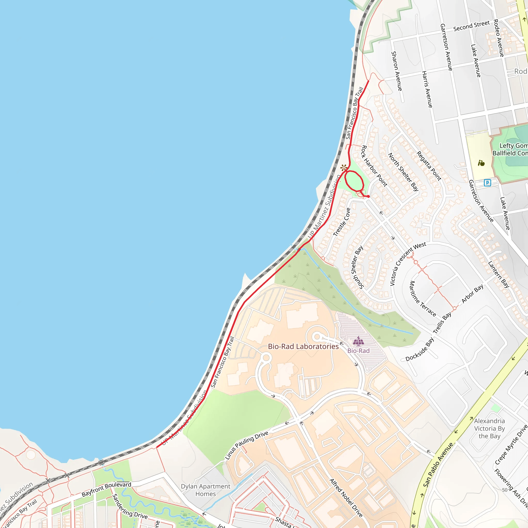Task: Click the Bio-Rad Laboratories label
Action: pos(303,346)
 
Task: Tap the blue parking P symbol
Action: pos(487,183)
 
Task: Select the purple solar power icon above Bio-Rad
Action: pos(358,341)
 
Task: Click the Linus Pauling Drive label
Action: pos(246,446)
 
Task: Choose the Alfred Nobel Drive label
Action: pos(346,498)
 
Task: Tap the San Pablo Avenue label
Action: pos(438,465)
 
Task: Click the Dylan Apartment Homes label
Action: pos(205,490)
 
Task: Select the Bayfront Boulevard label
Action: pos(106,489)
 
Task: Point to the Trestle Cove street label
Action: pos(342,222)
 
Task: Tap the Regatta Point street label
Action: pos(429,166)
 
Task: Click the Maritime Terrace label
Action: pos(423,299)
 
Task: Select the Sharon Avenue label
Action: pos(397,71)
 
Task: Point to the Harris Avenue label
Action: pos(427,89)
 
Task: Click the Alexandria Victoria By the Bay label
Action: pos(489,428)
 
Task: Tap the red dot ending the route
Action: pos(368,196)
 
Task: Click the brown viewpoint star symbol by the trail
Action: pos(343,167)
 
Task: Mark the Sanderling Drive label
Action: pos(130,506)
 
